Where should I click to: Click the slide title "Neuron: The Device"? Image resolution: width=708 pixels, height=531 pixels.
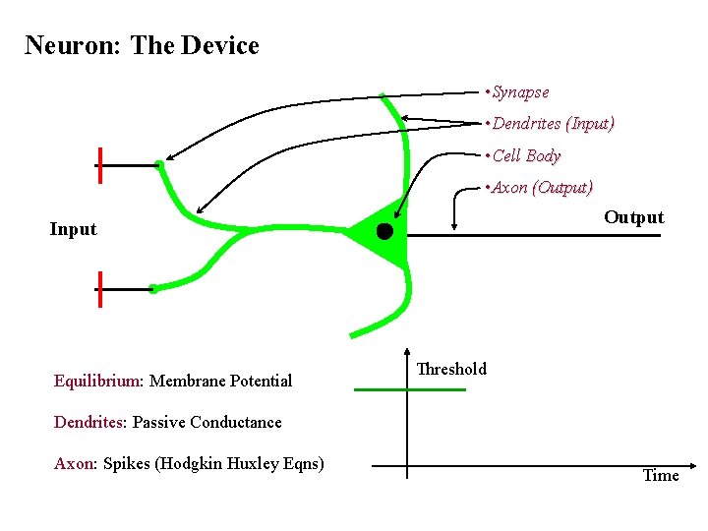142,45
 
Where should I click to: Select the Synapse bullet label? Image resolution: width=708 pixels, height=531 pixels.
519,92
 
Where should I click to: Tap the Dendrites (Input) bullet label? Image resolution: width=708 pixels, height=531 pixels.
552,124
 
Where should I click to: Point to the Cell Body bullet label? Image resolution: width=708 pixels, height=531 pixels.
525,155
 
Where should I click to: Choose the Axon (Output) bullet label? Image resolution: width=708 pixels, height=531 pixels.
541,187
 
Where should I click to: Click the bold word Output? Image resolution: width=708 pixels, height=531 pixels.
633,217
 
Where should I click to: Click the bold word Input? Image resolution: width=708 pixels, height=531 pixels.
74,229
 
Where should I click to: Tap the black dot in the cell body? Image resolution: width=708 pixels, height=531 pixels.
384,231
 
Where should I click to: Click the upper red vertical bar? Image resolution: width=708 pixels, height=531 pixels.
99,166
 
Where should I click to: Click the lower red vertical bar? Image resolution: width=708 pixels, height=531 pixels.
99,289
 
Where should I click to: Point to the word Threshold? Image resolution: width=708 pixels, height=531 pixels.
451,369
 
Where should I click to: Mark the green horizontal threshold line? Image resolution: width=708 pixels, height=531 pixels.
409,390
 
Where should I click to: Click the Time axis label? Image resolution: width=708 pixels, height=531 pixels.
660,475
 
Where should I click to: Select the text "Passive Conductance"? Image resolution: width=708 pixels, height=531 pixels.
206,422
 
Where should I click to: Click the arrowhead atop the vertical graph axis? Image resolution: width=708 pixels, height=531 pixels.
407,350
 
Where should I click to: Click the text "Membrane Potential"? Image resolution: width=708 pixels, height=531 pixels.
220,381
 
